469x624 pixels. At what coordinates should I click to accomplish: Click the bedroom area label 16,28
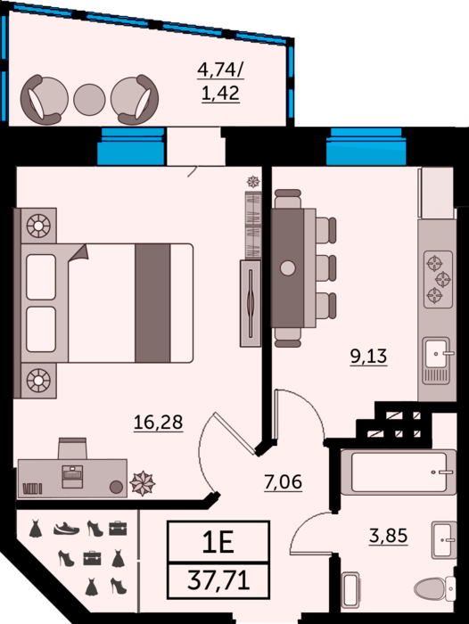click(158, 422)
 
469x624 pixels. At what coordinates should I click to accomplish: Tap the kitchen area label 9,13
click(368, 356)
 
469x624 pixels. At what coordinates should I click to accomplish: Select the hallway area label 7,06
click(283, 481)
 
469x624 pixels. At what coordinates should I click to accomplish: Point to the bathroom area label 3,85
click(388, 536)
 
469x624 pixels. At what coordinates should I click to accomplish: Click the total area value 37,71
click(218, 579)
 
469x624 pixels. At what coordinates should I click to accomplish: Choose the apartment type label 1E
click(218, 542)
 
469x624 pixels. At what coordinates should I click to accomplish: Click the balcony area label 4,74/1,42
click(220, 82)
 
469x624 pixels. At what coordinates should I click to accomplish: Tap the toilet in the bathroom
click(435, 587)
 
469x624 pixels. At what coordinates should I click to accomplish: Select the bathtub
click(399, 472)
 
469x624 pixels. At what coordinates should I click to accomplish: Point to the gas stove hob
click(438, 279)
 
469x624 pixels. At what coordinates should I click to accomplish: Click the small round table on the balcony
click(89, 100)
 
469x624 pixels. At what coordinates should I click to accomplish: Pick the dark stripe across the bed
click(152, 303)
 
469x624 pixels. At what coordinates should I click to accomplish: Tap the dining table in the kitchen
click(287, 267)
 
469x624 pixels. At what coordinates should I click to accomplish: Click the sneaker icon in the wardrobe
click(67, 529)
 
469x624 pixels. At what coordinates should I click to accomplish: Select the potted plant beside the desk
click(142, 483)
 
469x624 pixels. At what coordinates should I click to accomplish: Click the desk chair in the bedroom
click(72, 448)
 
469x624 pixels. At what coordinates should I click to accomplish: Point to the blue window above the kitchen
click(366, 146)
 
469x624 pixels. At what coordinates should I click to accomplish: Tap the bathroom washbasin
click(443, 540)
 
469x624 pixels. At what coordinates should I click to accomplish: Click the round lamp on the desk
click(116, 487)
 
